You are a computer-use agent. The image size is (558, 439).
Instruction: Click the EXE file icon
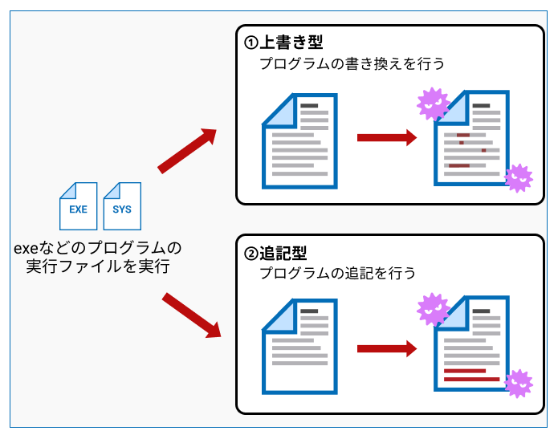point(79,206)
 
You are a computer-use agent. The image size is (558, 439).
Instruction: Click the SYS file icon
point(122,206)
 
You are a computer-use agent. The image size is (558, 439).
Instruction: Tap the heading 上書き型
point(291,43)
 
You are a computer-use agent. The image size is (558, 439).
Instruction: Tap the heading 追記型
point(283,254)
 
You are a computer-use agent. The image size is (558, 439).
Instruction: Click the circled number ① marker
point(251,43)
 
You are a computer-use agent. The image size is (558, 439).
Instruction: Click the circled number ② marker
point(251,254)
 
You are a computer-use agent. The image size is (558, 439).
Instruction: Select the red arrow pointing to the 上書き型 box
point(187,151)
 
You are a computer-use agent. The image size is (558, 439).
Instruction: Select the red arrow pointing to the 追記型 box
point(191,315)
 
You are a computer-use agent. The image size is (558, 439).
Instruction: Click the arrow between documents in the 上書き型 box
point(387,138)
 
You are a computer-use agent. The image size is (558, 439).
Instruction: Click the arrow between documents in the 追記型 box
point(387,348)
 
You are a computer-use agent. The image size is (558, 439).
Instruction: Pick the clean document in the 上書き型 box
point(299,141)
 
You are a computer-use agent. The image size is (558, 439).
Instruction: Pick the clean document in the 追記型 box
point(299,347)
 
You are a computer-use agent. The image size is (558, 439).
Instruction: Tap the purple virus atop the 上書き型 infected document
point(433,104)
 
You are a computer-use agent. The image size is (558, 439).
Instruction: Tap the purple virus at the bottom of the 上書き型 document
point(519,178)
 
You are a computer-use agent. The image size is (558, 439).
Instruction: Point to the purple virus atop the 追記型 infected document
point(433,309)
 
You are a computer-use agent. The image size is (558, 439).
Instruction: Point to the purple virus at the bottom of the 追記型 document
point(519,384)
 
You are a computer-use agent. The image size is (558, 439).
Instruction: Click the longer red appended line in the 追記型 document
point(472,380)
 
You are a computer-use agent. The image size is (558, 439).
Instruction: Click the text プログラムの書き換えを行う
point(352,64)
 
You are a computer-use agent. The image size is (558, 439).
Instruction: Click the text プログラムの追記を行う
point(337,273)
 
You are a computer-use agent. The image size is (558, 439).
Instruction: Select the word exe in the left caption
point(26,248)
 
